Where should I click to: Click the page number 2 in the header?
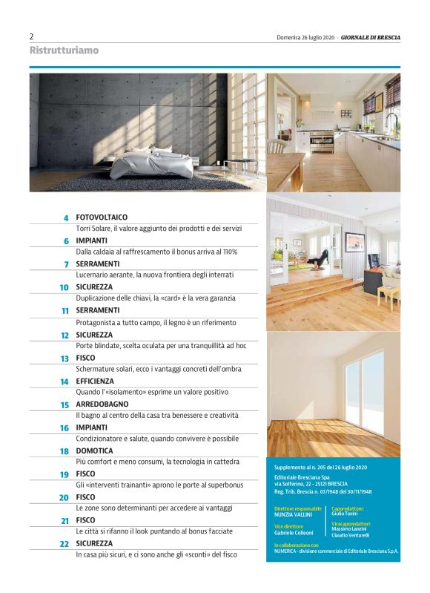[x=32, y=36]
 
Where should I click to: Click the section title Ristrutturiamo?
[x=64, y=50]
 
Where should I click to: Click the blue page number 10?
[x=64, y=287]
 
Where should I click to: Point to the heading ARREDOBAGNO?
[x=103, y=404]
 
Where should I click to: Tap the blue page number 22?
[x=64, y=544]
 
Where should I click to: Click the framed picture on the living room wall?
[x=354, y=243]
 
